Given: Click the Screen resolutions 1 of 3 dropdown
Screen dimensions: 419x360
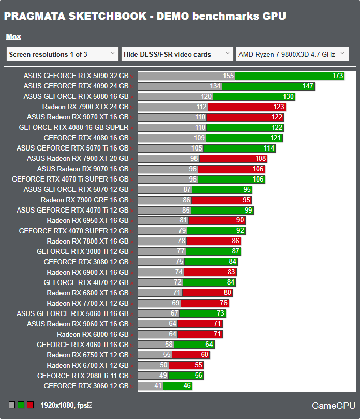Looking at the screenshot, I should click(63, 54).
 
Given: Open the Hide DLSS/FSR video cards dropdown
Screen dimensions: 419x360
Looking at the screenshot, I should click(177, 54).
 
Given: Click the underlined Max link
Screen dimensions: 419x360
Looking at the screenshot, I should click(13, 37).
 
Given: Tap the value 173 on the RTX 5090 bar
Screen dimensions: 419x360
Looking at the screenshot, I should click(338, 76).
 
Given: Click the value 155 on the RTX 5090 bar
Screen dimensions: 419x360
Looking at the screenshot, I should click(229, 76).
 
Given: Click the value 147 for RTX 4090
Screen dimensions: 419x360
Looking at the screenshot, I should click(308, 86).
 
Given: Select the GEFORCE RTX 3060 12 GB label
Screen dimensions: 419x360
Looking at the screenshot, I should click(86, 386).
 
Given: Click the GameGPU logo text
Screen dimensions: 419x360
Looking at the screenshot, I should click(334, 405).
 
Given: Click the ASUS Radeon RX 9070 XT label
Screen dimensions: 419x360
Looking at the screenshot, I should click(78, 117).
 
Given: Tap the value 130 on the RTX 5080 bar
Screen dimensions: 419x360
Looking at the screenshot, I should click(289, 97).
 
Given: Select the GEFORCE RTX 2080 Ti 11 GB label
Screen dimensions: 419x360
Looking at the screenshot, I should click(83, 376).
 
